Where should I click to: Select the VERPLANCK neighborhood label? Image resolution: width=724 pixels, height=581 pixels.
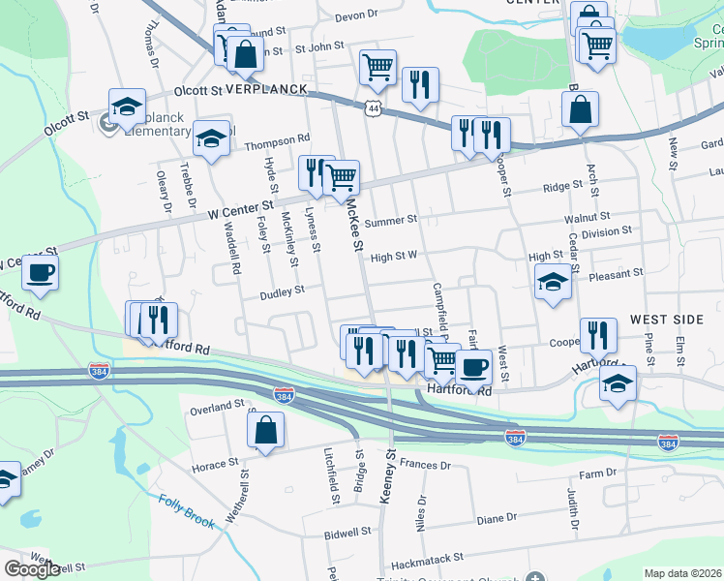coord(265,89)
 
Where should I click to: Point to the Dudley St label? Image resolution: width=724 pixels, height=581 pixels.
coord(282,289)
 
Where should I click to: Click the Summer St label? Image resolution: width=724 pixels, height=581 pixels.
coord(390,220)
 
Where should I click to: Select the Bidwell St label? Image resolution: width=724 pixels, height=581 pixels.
coord(349,532)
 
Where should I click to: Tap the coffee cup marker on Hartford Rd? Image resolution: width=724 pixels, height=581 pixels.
coord(474,367)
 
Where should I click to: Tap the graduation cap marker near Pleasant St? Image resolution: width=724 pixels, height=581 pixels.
coord(553,281)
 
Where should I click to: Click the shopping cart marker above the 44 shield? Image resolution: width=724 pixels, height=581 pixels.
coord(377,67)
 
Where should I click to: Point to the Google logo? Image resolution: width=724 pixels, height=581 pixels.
coord(32,569)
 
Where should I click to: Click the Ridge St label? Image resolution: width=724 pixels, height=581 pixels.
coord(562,187)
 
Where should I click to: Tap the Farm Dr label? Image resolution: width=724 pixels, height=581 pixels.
coord(597,474)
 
